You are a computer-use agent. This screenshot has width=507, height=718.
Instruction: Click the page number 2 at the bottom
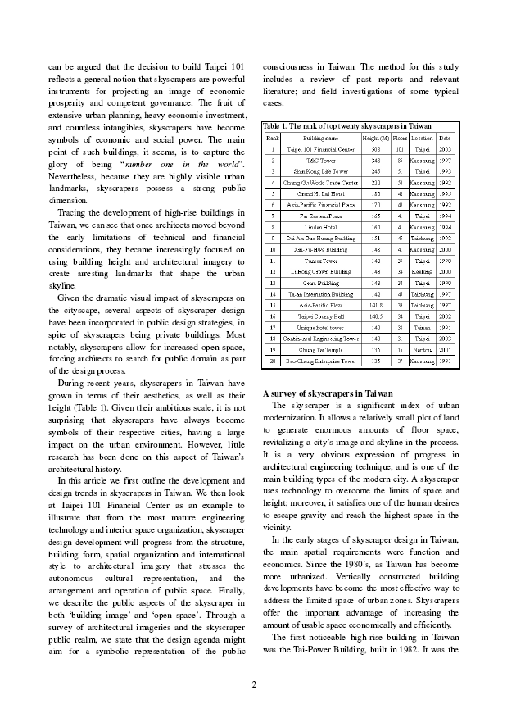[x=254, y=684]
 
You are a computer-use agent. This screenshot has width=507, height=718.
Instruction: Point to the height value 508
[x=376, y=150]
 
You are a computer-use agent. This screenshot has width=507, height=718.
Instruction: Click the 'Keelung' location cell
[x=422, y=270]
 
